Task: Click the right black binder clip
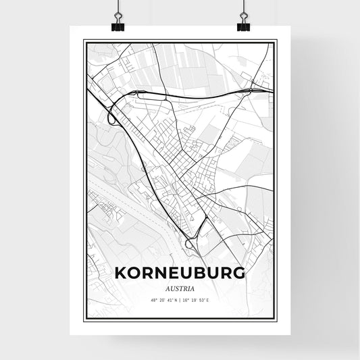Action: (x=243, y=25)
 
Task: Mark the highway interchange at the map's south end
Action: (x=192, y=247)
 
